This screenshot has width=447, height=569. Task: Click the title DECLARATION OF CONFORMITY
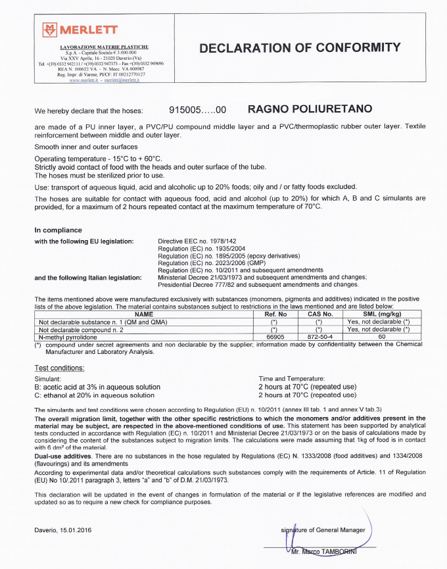pyautogui.click(x=299, y=48)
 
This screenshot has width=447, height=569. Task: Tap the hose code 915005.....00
pyautogui.click(x=198, y=109)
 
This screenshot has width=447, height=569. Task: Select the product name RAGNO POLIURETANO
pyautogui.click(x=309, y=109)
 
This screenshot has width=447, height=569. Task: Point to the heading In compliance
pyautogui.click(x=59, y=230)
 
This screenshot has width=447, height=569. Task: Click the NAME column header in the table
pyautogui.click(x=143, y=314)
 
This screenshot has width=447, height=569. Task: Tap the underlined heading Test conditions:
pyautogui.click(x=59, y=367)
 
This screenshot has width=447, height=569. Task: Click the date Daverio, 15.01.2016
pyautogui.click(x=64, y=530)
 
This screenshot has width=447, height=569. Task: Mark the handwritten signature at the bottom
pyautogui.click(x=289, y=539)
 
